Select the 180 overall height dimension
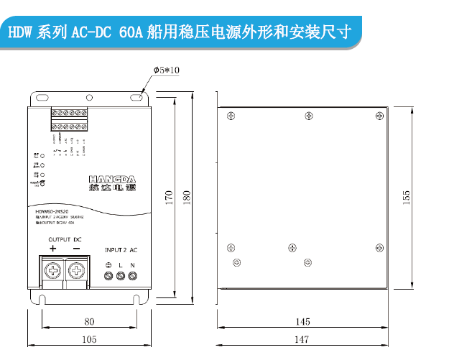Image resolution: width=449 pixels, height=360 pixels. (186, 198)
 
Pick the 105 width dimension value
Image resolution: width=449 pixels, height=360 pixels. (88, 339)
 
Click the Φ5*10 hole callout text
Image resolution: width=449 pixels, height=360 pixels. (166, 70)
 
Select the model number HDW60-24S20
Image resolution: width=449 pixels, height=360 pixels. (51, 212)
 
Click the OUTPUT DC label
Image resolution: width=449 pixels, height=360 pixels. (65, 239)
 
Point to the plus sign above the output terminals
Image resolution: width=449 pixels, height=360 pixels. (52, 249)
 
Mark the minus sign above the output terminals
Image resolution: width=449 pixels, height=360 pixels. (76, 249)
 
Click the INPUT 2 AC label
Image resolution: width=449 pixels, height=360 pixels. (121, 249)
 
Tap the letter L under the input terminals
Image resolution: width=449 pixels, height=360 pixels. (120, 266)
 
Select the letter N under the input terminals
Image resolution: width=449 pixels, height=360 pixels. (132, 266)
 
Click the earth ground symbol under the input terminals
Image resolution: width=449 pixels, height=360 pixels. (108, 266)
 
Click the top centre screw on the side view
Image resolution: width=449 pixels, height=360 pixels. (308, 116)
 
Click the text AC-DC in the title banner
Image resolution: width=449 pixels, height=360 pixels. (96, 33)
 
